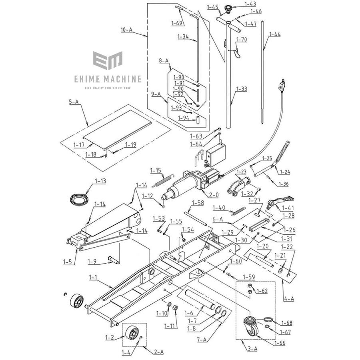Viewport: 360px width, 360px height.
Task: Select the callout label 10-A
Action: point(126,29)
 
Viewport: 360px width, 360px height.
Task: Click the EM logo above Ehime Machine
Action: point(108,60)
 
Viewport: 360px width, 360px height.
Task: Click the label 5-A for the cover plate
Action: point(74,102)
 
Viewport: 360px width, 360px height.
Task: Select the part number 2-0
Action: point(214,195)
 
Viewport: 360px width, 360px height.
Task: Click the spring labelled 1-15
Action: point(162,180)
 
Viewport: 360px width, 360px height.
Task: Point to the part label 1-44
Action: point(275,34)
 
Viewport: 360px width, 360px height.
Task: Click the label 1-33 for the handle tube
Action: point(242,89)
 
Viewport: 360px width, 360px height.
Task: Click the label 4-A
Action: point(289,298)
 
